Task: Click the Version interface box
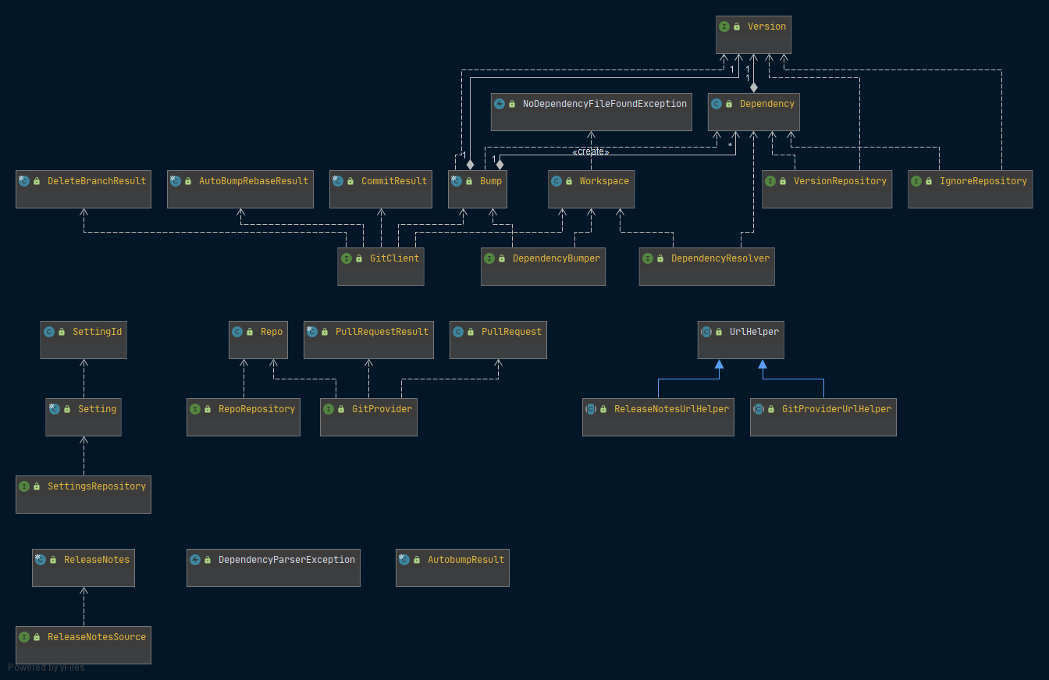coord(753,34)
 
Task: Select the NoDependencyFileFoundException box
coord(591,112)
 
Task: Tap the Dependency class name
coord(766,104)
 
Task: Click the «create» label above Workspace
coord(591,151)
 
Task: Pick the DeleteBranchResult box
coord(84,189)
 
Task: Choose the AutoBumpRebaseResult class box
coord(240,189)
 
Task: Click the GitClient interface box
coord(381,266)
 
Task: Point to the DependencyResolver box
coord(706,266)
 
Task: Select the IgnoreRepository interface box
coord(970,189)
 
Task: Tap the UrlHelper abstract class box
coord(741,340)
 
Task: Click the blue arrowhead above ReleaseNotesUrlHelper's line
coord(720,364)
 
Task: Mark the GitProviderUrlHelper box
coord(823,417)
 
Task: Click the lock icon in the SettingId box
coord(62,332)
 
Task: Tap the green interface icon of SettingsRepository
coord(24,486)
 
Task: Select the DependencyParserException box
coord(273,568)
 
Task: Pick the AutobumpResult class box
coord(453,568)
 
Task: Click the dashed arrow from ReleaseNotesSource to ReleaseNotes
coord(84,607)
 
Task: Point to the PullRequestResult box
coord(368,340)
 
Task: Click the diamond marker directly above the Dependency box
coord(753,87)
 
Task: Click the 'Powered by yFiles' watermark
coord(46,668)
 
